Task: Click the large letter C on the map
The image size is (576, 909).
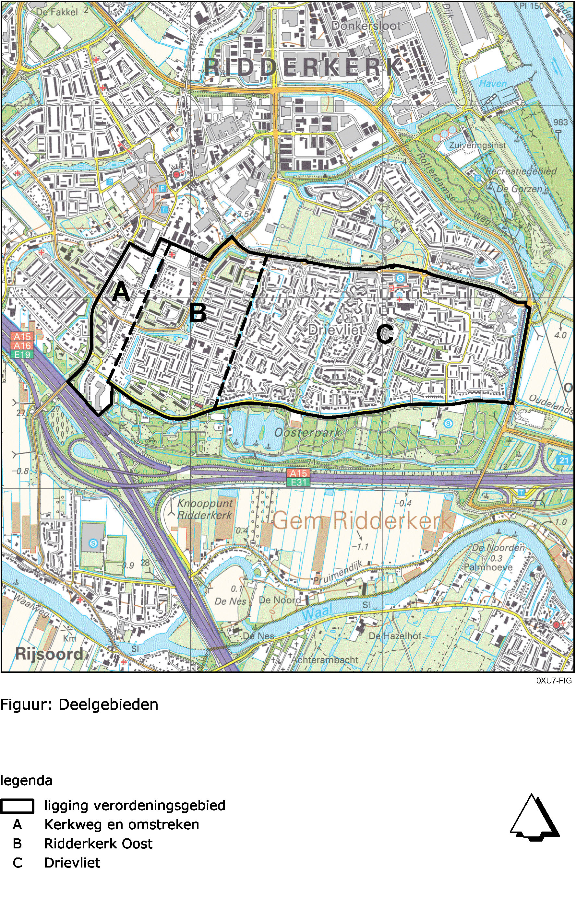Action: [x=385, y=334]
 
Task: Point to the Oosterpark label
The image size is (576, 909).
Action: [x=307, y=433]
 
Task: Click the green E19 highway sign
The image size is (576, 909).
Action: [x=22, y=355]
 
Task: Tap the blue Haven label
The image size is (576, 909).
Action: [x=493, y=83]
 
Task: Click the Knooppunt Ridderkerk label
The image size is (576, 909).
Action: [x=205, y=509]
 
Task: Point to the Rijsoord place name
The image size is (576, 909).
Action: [x=49, y=654]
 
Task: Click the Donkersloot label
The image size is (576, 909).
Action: [x=366, y=26]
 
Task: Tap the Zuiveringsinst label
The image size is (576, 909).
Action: [x=477, y=145]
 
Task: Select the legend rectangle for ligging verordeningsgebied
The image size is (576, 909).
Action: [x=17, y=806]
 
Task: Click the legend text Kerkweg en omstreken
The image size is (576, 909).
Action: [x=121, y=825]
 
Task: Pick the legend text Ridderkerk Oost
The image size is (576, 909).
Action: [x=98, y=844]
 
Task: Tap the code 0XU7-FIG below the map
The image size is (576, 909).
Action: [x=554, y=681]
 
